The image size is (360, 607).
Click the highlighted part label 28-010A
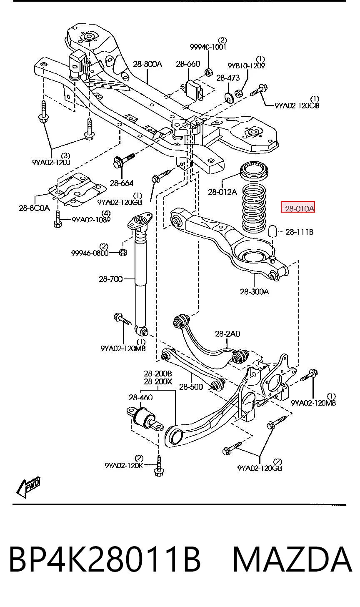tap(297, 208)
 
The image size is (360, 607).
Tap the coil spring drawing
tap(254, 208)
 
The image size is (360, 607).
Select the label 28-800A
tap(147, 64)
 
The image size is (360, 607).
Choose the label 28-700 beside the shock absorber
tap(110, 279)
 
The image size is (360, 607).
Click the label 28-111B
tap(300, 232)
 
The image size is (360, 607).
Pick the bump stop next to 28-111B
tap(273, 231)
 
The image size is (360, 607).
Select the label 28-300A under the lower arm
tap(255, 291)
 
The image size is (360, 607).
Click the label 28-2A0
tap(227, 334)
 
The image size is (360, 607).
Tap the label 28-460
tap(140, 398)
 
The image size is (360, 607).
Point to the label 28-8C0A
tap(35, 208)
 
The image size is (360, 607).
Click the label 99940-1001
tap(208, 47)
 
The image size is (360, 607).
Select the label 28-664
tap(122, 183)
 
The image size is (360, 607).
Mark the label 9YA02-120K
tap(124, 465)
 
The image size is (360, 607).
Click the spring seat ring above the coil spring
tap(254, 170)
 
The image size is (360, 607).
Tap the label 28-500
tap(191, 387)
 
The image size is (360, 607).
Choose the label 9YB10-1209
tap(246, 65)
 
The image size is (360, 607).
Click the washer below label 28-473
tap(229, 98)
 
